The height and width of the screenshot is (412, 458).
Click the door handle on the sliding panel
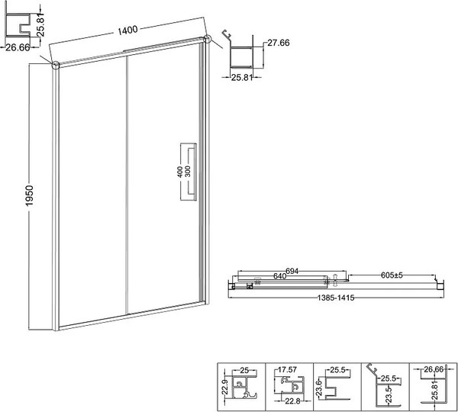pos(186,172)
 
